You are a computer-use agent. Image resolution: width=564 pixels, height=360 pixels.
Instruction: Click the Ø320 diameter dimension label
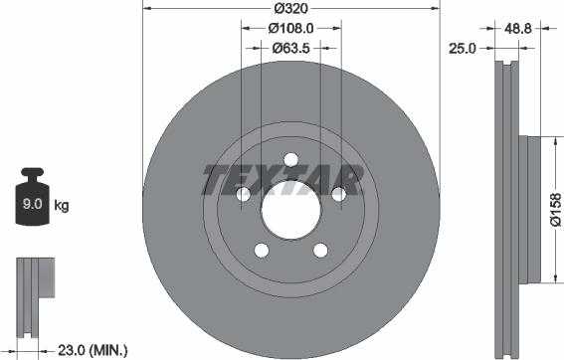pyautogui.click(x=290, y=8)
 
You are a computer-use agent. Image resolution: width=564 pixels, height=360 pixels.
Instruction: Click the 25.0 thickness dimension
pyautogui.click(x=462, y=47)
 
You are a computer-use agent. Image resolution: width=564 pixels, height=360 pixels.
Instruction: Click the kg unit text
pyautogui.click(x=62, y=207)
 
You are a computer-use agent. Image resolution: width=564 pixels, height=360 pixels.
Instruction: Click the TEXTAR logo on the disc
pyautogui.click(x=282, y=180)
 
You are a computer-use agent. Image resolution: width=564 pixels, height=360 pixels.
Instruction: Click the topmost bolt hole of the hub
pyautogui.click(x=290, y=160)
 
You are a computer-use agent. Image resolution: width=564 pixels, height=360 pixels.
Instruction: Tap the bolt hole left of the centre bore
pyautogui.click(x=244, y=195)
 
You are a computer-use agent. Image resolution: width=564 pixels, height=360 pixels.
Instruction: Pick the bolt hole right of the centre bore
pyautogui.click(x=337, y=195)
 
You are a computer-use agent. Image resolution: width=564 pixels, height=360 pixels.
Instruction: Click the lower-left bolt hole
pyautogui.click(x=262, y=250)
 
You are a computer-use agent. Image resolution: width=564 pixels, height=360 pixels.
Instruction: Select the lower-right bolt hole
pyautogui.click(x=319, y=250)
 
